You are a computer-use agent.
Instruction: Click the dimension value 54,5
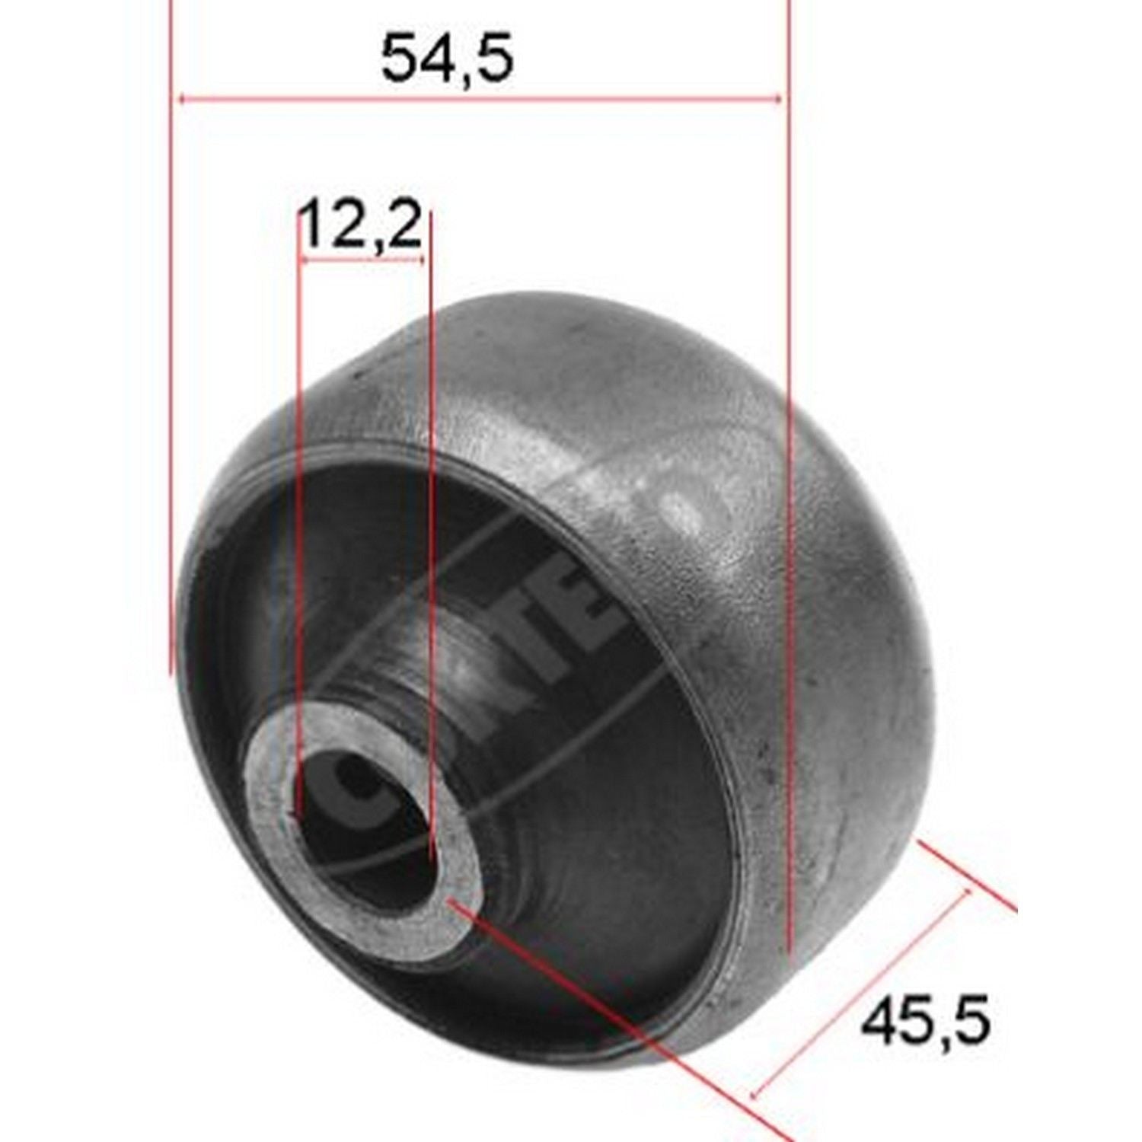click(x=447, y=59)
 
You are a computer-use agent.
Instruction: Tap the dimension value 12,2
click(x=360, y=226)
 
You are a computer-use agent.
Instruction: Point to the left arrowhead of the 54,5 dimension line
click(x=181, y=98)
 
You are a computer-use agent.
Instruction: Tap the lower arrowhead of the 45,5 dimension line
click(x=756, y=1094)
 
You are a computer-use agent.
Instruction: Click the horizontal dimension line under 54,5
click(x=480, y=98)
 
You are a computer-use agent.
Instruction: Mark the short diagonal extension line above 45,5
click(x=967, y=876)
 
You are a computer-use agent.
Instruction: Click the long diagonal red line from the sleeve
click(x=609, y=1013)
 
